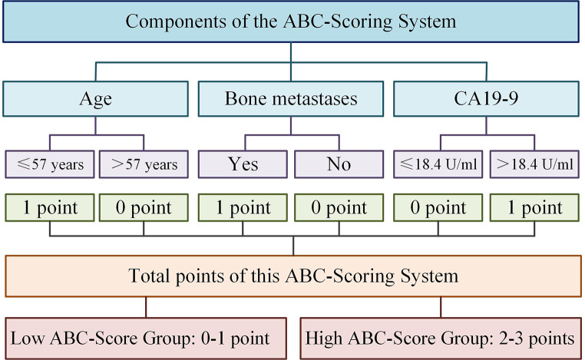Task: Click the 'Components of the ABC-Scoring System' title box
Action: point(292,21)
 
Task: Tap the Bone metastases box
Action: point(292,99)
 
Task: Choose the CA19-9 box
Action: point(487,99)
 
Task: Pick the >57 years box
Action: point(144,164)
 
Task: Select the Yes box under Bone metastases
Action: point(243,164)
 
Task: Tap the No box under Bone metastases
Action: point(339,164)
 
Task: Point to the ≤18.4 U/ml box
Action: point(438,164)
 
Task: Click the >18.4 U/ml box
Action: point(534,164)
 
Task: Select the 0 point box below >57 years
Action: point(144,208)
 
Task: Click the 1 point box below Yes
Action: point(243,208)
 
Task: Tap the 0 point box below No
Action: point(339,208)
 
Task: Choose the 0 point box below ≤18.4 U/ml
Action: point(438,208)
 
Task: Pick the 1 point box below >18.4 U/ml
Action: point(534,208)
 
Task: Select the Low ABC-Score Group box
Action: point(144,338)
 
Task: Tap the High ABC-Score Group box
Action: point(439,338)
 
